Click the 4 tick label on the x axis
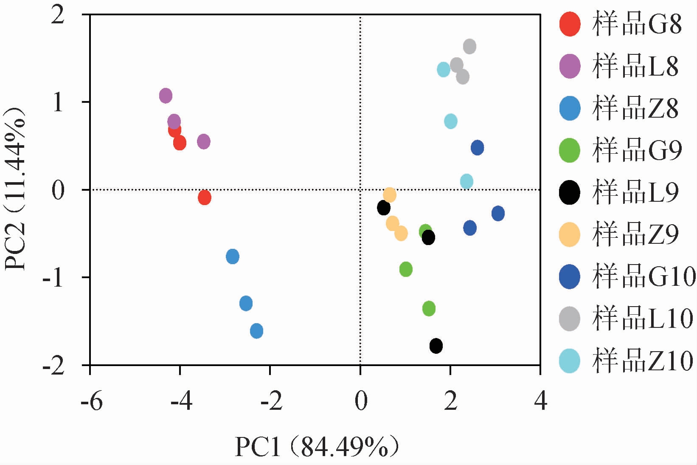[540, 401]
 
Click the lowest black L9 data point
[436, 346]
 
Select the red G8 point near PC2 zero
[205, 197]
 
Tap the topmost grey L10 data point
[469, 46]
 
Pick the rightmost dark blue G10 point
[498, 213]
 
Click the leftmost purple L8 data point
[166, 96]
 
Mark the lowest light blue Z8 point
[256, 331]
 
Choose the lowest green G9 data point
[429, 308]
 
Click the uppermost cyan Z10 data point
[443, 69]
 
